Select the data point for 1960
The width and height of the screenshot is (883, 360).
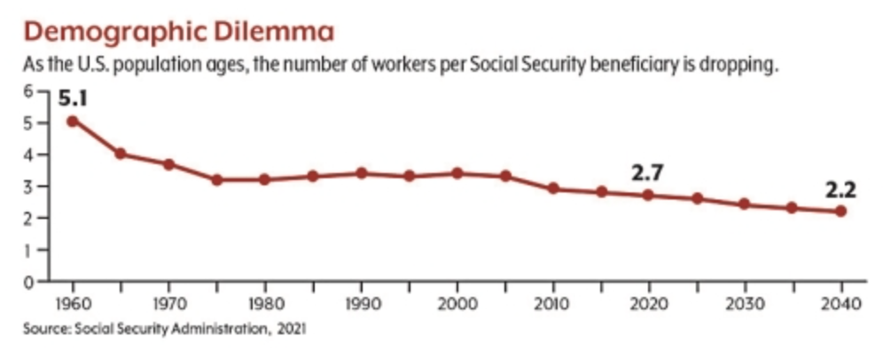tap(72, 121)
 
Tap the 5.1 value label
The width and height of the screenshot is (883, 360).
tap(74, 98)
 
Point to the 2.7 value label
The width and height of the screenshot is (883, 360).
tap(647, 173)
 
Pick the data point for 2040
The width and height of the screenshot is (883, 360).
tap(840, 211)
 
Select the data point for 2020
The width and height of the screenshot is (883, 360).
tap(648, 195)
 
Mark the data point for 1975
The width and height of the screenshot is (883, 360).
tap(215, 180)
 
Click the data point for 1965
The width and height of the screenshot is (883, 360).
tap(120, 154)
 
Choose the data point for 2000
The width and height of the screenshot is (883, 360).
tap(456, 173)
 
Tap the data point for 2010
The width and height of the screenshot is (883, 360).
tap(552, 188)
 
